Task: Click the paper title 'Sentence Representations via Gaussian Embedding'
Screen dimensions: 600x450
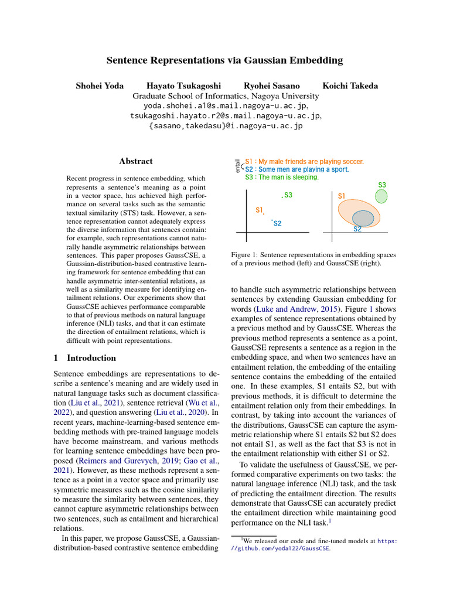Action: point(225,60)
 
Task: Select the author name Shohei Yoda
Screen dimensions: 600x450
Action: point(100,86)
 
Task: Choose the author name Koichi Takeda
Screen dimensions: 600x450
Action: point(350,86)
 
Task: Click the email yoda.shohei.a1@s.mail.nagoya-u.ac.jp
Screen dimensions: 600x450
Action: point(225,106)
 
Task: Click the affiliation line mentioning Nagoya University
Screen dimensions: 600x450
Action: point(225,96)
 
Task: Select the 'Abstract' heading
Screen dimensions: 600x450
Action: point(136,161)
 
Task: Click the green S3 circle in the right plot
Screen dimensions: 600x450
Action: point(381,196)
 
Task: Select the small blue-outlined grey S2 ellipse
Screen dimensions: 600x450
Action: point(363,218)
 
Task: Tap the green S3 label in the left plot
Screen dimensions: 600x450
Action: point(288,195)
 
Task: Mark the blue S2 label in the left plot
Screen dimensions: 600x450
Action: point(277,223)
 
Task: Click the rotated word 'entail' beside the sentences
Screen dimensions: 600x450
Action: point(237,166)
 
